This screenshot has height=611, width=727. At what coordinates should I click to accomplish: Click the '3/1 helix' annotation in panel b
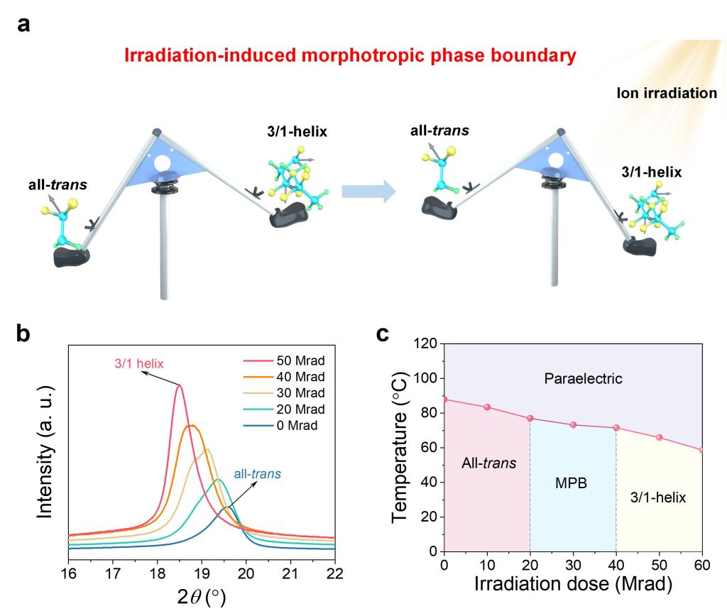click(x=138, y=364)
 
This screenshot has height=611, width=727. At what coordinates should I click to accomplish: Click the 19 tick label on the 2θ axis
click(x=202, y=572)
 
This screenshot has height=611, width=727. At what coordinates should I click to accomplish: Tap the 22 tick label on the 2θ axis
click(x=334, y=572)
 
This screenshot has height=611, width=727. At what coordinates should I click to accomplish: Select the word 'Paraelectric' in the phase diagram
click(x=583, y=379)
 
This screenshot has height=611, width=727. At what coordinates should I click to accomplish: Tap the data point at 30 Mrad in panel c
click(x=573, y=425)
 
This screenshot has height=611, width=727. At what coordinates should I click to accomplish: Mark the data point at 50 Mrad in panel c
click(x=660, y=437)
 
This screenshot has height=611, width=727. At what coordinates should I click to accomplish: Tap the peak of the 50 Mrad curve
click(x=180, y=385)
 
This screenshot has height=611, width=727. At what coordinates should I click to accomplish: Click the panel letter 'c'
click(x=383, y=333)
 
